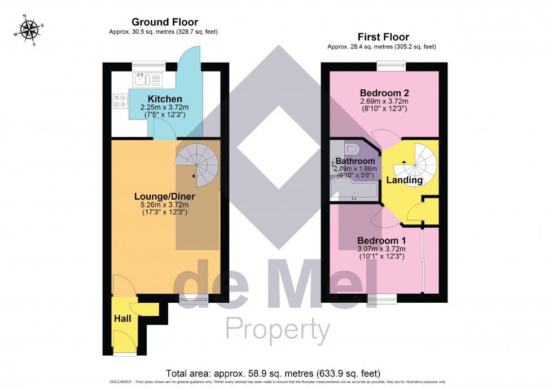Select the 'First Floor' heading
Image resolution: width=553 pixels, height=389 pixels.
click(384, 37)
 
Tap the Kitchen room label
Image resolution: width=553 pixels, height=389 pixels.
click(149, 99)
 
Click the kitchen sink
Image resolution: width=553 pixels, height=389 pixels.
click(147, 79)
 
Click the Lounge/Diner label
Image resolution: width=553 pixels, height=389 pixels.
click(164, 196)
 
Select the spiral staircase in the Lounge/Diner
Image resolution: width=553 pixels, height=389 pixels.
click(197, 160)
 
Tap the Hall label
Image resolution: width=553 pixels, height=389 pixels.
click(122, 319)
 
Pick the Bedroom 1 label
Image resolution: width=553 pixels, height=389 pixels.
click(381, 241)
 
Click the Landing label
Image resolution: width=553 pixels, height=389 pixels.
click(404, 180)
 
